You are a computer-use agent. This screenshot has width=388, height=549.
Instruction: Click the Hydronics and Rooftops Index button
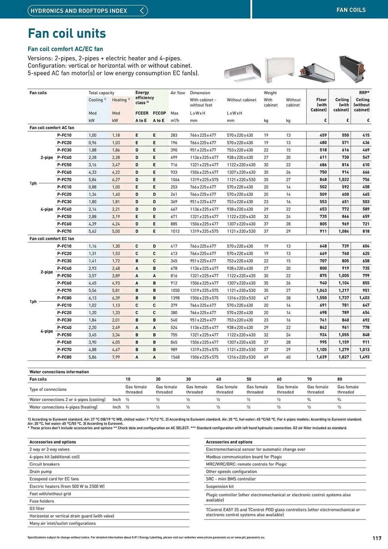tap(88, 11)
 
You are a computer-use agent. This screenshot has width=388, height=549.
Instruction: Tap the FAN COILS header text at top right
tap(351, 10)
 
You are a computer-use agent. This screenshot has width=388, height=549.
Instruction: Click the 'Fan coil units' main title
tap(67, 33)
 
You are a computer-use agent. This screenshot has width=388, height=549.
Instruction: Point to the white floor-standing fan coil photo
tap(279, 70)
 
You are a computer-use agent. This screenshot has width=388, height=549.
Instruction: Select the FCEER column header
tap(142, 113)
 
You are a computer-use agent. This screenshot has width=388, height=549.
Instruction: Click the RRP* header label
tap(364, 93)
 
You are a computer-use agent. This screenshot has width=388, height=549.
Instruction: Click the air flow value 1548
tap(175, 357)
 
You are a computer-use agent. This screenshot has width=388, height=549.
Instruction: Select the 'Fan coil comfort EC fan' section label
tap(52, 239)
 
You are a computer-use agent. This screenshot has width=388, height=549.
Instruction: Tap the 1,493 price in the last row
tap(364, 357)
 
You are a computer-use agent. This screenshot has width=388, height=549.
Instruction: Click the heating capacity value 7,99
tap(116, 357)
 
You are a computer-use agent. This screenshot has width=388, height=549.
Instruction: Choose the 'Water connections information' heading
tap(59, 372)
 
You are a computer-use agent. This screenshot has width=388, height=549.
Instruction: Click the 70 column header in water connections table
tap(309, 379)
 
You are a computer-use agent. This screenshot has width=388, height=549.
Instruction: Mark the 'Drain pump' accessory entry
tap(41, 472)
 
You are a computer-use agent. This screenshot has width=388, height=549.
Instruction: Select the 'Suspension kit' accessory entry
tap(220, 486)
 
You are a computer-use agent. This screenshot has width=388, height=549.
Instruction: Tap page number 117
tap(377, 538)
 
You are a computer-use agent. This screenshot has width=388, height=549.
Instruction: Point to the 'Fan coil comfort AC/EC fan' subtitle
tap(65, 49)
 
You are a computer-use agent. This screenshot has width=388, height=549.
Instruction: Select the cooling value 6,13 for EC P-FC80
tap(92, 298)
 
